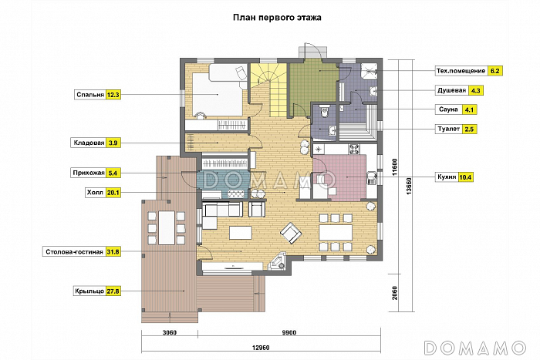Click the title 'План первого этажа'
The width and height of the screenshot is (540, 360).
[277, 18]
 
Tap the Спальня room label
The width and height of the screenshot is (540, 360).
[90, 95]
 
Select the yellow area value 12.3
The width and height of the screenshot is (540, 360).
[113, 95]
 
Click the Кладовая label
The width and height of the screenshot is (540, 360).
[89, 143]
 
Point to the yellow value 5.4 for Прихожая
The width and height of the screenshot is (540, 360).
[113, 173]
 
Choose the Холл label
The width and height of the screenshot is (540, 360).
[95, 193]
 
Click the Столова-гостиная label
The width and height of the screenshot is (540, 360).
[74, 252]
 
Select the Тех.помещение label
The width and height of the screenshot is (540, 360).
[461, 71]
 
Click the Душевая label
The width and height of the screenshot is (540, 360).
[451, 90]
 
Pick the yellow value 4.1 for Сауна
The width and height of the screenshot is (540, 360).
[469, 110]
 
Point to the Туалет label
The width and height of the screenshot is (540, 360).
[449, 130]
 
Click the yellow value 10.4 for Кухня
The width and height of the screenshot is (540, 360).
[465, 177]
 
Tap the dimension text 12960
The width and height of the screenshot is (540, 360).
[261, 348]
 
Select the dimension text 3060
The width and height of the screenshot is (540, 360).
[170, 332]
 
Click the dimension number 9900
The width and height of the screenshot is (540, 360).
[289, 332]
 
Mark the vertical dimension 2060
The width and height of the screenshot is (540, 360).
[395, 293]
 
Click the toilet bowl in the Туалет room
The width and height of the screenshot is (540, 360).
[323, 111]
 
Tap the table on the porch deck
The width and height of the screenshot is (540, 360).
[167, 228]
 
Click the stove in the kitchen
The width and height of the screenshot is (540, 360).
[355, 149]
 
